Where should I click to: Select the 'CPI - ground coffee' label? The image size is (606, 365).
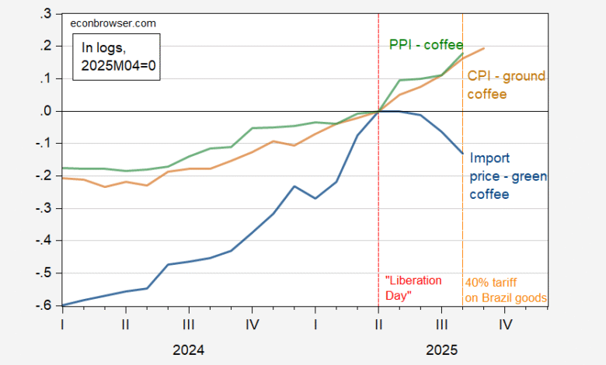506,85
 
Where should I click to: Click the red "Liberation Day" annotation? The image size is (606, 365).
413,287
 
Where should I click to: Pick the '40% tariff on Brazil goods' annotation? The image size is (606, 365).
505,290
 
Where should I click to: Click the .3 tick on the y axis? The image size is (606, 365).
47,14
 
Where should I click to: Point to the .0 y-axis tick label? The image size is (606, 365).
47,111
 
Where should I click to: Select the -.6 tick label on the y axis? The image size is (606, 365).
46,306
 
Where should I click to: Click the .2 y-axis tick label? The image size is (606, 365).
47,47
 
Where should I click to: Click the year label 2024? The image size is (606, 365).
189,349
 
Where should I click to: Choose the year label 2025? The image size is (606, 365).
441,349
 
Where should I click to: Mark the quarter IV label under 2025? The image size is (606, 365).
505,326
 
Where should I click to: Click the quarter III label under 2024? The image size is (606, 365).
189,326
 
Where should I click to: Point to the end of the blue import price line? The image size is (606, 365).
463,153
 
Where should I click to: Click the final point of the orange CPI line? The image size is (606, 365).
484,48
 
